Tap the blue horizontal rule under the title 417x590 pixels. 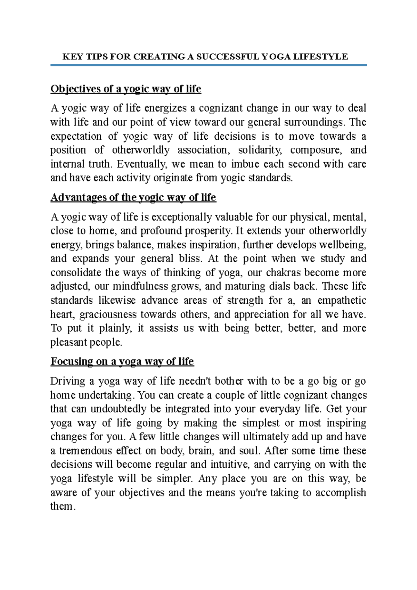point(208,65)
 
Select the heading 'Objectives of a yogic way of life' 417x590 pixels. point(126,89)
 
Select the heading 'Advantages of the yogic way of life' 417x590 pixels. point(133,198)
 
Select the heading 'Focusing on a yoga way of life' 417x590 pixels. point(122,362)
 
